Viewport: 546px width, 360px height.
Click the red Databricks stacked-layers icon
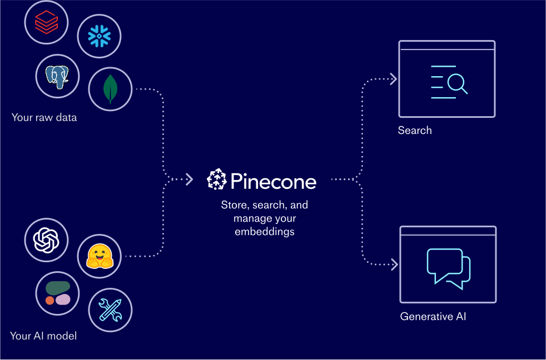[x=46, y=22]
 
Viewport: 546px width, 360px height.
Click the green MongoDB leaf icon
[x=110, y=89]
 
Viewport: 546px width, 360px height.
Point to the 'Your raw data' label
[x=44, y=117]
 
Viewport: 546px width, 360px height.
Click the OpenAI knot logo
[x=46, y=240]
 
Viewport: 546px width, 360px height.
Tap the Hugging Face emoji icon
[x=99, y=256]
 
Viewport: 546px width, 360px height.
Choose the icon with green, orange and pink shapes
[x=57, y=293]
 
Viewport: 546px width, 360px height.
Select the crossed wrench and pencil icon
[x=110, y=309]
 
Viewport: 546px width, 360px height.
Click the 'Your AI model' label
[x=43, y=336]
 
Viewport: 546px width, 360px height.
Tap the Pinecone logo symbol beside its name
[x=216, y=179]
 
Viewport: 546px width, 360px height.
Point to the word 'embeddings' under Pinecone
[x=264, y=232]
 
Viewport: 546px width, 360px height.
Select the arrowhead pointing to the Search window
[x=393, y=79]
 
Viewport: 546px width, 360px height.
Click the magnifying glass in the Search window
[x=456, y=84]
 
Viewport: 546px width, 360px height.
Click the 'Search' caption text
[x=415, y=131]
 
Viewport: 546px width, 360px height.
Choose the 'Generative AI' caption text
[x=433, y=317]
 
